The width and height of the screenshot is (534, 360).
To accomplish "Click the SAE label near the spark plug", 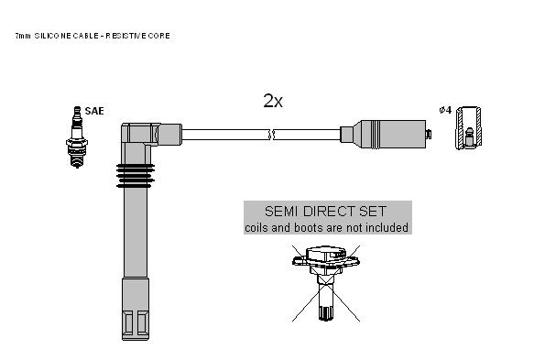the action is [94, 111].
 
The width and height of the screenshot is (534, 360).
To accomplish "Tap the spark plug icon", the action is [77, 137].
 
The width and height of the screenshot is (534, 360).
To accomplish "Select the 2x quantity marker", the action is [273, 101].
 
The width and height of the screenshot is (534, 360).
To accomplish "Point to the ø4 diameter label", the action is [445, 110].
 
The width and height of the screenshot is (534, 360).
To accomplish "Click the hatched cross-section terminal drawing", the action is [469, 128].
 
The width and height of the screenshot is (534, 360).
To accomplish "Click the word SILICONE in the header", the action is [52, 36].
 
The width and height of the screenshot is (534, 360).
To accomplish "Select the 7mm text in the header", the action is [23, 36].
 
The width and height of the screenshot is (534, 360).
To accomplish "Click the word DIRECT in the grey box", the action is [329, 212].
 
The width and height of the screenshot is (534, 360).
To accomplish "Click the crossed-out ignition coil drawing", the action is [326, 283].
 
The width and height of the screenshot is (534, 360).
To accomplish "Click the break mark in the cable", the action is [272, 135].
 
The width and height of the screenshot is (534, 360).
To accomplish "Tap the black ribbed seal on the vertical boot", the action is [136, 176].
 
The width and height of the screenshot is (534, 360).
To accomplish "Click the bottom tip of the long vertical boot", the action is [136, 339].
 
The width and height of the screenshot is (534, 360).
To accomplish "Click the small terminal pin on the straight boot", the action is [429, 134].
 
